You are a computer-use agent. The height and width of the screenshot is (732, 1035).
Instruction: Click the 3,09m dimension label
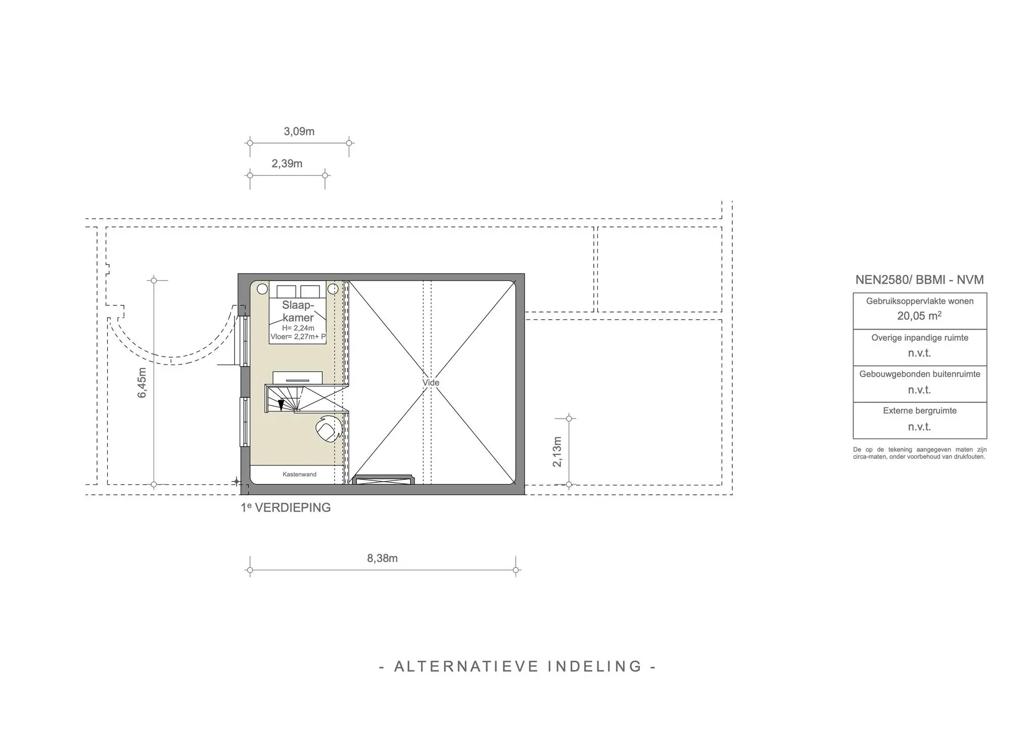coord(299,131)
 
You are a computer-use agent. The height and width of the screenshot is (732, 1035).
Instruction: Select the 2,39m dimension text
coord(287,164)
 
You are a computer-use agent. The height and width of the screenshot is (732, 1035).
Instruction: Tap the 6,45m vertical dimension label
coord(142,383)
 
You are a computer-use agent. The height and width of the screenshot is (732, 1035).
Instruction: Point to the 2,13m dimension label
coord(557,451)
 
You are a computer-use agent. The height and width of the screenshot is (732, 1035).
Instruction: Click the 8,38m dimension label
coord(382,558)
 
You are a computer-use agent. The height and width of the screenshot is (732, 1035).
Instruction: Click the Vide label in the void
coord(431,383)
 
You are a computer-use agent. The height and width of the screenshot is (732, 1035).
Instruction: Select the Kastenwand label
coord(299,474)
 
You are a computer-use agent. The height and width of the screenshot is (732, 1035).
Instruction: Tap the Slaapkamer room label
coord(298,311)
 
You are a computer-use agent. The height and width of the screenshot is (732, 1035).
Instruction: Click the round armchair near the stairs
coord(328,429)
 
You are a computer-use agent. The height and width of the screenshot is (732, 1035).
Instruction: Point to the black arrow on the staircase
coord(281,404)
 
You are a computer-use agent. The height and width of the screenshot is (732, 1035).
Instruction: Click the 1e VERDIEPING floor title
coord(286,508)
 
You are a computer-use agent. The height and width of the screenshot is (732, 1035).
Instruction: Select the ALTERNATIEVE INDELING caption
coord(517,666)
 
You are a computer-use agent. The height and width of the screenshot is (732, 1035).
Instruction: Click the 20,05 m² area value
coord(919,316)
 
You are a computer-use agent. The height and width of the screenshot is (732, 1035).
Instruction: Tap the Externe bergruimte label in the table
coord(919,410)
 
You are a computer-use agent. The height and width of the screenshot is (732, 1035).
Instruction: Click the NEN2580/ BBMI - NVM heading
coord(919,280)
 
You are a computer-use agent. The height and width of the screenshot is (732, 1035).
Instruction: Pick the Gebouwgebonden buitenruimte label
coord(919,374)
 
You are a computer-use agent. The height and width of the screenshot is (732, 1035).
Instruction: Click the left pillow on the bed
coord(286,292)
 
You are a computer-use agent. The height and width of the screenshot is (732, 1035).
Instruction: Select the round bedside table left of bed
coord(262,289)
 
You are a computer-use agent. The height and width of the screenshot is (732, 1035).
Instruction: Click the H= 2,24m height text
coord(298,328)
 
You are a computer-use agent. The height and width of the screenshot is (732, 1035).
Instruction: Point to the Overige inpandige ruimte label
coord(919,338)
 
